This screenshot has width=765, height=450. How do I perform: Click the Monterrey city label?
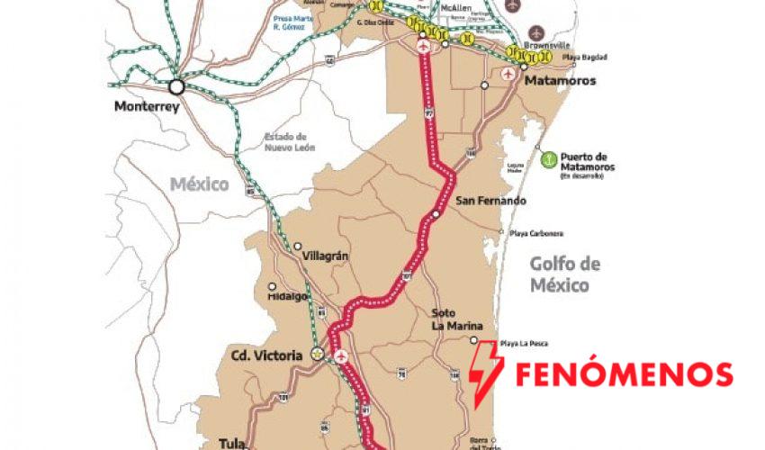[x=147, y=107]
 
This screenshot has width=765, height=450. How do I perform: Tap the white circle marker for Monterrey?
[x=175, y=87]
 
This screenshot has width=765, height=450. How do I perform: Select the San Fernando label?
[x=490, y=201]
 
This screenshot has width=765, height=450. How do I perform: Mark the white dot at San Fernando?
[x=436, y=214]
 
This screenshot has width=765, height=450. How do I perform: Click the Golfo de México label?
[x=564, y=274]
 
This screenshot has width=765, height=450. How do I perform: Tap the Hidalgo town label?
[x=288, y=296]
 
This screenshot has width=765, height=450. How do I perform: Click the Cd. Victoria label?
[x=266, y=355]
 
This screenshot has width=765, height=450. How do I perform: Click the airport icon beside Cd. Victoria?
[x=341, y=357]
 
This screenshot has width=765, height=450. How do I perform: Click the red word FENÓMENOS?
[x=624, y=373]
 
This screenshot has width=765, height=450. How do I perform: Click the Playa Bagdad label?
[x=584, y=58]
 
